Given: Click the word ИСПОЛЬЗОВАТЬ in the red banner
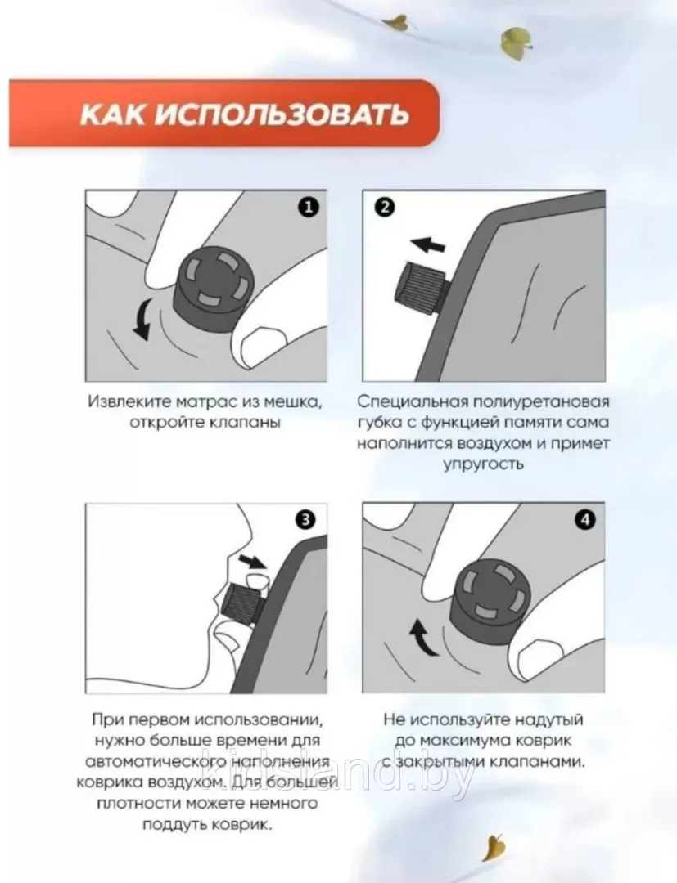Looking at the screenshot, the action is coord(281,114).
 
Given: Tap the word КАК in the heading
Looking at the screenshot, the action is coord(114,114).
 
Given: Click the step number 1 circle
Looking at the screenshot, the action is coord(308,207).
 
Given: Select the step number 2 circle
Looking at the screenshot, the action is coord(385,207).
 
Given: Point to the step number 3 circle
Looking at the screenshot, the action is coord(305,519).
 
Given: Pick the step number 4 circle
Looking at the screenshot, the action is coord(585,519).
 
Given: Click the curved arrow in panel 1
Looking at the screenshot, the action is coord(142,320).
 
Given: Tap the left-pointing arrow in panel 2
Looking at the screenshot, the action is coord(428,245).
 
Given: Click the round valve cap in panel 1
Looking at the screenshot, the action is coord(214,288).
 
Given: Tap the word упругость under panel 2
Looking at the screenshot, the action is coord(483,465).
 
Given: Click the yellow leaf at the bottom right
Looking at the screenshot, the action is coord(495,848).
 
